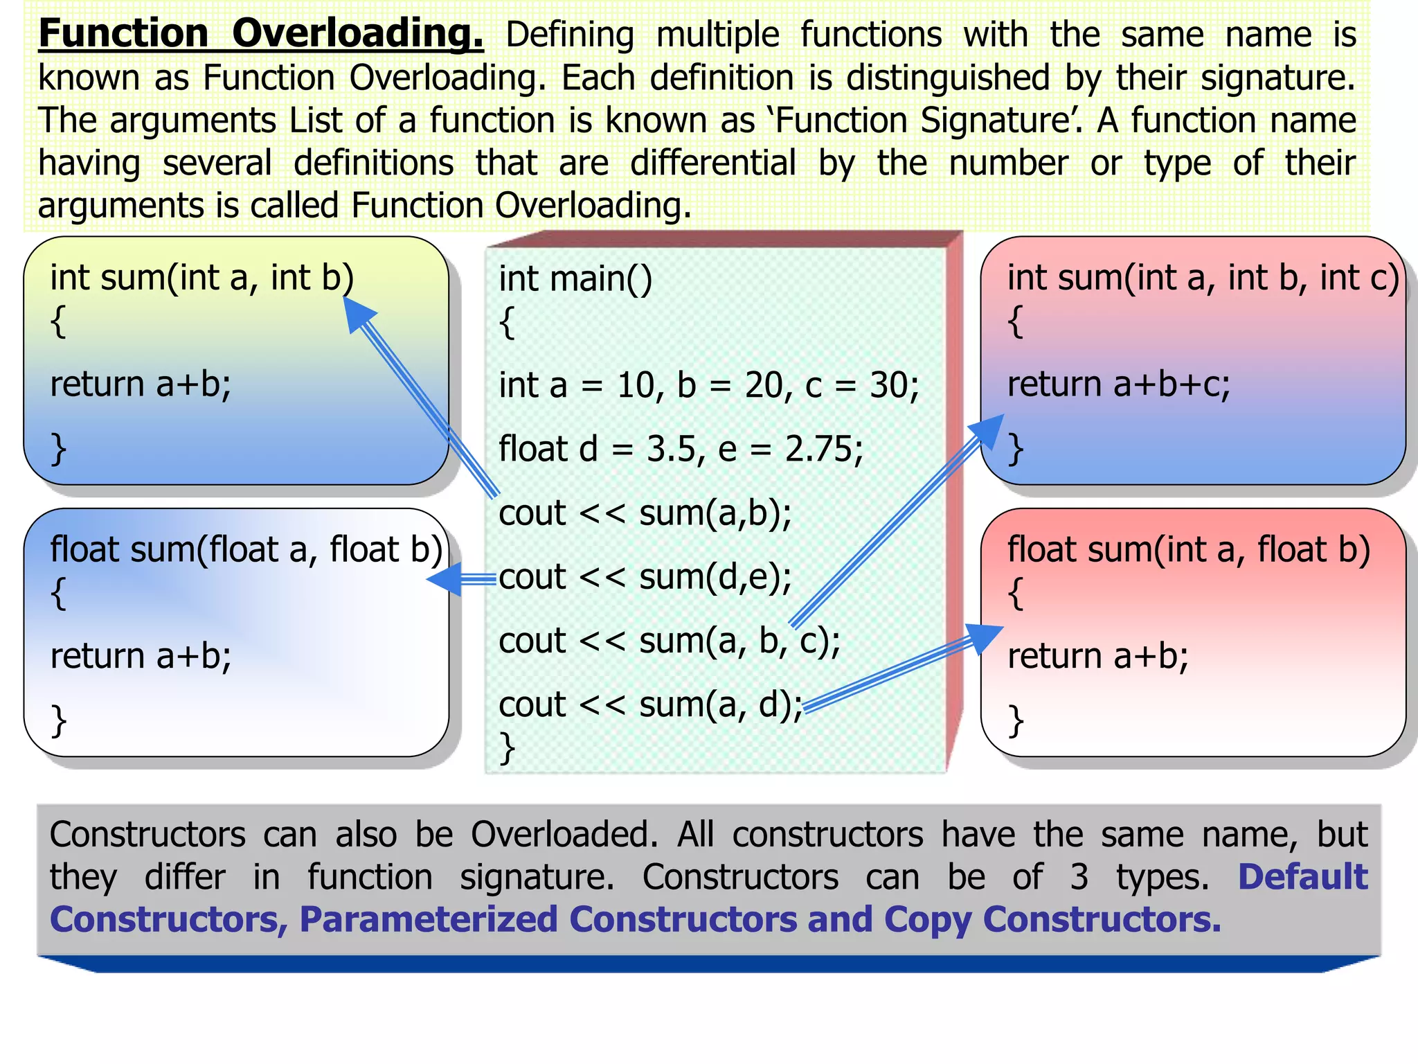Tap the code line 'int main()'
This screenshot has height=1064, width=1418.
click(x=575, y=278)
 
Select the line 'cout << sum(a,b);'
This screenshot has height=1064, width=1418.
click(x=645, y=513)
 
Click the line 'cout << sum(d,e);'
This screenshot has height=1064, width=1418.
click(x=645, y=577)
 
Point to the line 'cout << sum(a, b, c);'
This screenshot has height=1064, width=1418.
click(x=669, y=641)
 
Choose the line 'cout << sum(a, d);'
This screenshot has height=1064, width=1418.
click(x=650, y=704)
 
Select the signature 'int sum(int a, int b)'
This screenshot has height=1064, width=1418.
click(x=201, y=277)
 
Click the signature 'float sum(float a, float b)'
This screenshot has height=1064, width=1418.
click(x=246, y=549)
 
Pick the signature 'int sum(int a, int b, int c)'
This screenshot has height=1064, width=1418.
click(x=1203, y=277)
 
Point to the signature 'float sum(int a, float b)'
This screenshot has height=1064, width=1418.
click(x=1188, y=549)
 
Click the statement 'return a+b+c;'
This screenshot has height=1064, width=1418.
click(x=1118, y=384)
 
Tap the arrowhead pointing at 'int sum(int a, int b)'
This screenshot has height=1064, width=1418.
click(x=358, y=313)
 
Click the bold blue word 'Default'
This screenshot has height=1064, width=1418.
click(x=1302, y=877)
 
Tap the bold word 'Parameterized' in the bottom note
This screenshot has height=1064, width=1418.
click(x=428, y=920)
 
